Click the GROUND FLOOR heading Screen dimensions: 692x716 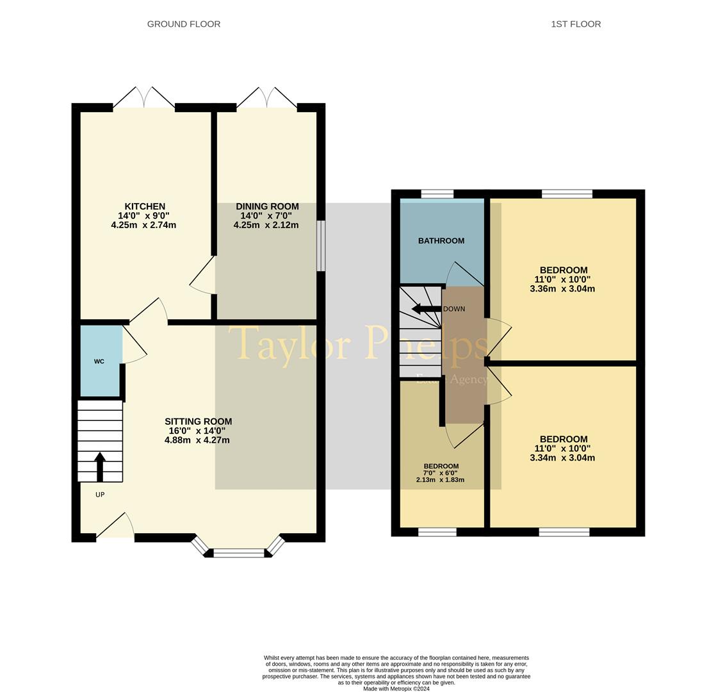point(184,24)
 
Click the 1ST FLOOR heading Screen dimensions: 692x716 point(576,24)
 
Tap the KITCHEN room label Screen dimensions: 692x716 point(145,206)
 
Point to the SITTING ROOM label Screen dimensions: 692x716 point(198,422)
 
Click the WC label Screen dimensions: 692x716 point(99,361)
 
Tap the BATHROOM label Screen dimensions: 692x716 point(441,241)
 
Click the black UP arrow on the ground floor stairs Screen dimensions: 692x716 point(100,466)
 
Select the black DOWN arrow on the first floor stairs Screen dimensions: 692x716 point(426,309)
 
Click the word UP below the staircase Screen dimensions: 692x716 point(100,495)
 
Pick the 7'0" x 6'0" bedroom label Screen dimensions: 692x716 point(441,473)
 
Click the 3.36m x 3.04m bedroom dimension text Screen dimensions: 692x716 point(562,289)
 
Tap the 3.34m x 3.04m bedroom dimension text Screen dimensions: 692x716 point(562,458)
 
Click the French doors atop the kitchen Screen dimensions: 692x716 point(144,99)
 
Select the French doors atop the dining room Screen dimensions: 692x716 point(267,99)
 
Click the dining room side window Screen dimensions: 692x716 point(321,246)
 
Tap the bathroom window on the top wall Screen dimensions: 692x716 point(437,194)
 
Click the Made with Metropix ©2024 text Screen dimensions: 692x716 point(396,689)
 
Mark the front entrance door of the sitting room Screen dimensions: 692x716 point(115,529)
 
